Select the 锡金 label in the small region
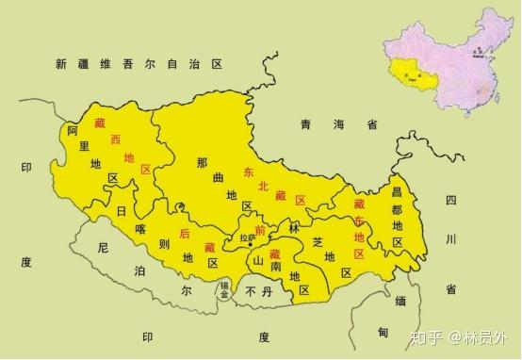click(225, 289)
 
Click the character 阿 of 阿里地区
click(72, 135)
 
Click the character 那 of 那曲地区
click(202, 163)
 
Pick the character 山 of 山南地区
click(255, 260)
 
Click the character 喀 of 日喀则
click(142, 228)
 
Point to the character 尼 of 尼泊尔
click(104, 249)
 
